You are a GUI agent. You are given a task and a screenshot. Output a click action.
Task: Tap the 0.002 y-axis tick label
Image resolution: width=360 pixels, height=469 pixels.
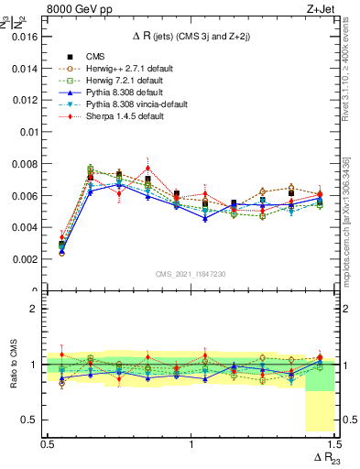click(25, 259)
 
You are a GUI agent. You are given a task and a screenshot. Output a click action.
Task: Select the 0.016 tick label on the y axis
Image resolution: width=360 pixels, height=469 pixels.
click(25, 38)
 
